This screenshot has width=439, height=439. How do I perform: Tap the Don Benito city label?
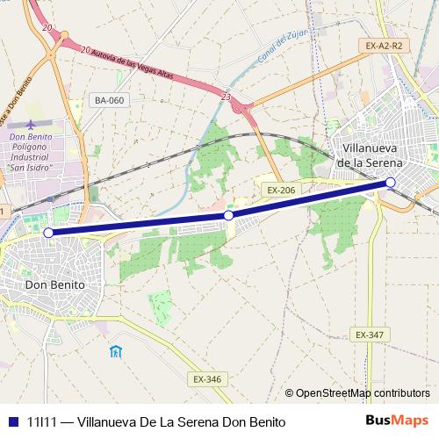pyautogui.click(x=54, y=285)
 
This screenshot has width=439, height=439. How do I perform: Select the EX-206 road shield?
pyautogui.click(x=281, y=189)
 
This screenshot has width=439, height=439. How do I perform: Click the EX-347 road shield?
pyautogui.click(x=370, y=335)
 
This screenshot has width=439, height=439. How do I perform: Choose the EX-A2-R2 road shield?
pyautogui.click(x=385, y=45)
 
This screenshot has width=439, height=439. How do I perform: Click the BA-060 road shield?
pyautogui.click(x=110, y=100)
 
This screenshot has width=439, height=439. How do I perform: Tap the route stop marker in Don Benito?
pyautogui.click(x=48, y=233)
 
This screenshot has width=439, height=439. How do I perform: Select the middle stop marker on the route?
pyautogui.click(x=228, y=215)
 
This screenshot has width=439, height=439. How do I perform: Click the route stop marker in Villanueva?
pyautogui.click(x=391, y=183)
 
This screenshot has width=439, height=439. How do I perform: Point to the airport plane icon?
pyautogui.click(x=32, y=125)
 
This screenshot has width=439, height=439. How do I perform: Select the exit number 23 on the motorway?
pyautogui.click(x=227, y=97)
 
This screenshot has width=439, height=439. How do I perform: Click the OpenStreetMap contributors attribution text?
pyautogui.click(x=362, y=394)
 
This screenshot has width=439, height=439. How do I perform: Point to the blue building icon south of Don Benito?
pyautogui.click(x=115, y=352)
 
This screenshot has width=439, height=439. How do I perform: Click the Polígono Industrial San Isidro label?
pyautogui.click(x=31, y=152)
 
